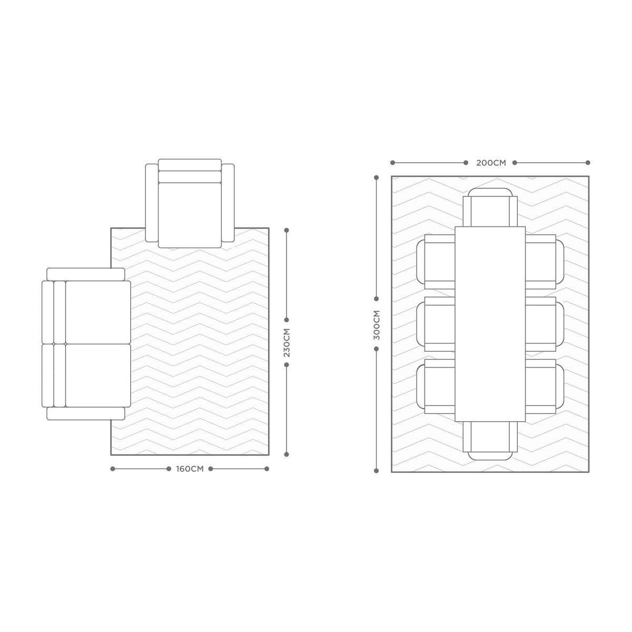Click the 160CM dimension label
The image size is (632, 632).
click(x=190, y=469)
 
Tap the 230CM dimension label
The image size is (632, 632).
click(x=287, y=342)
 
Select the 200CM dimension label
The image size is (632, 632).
click(x=491, y=163)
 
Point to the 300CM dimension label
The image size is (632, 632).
click(x=377, y=325)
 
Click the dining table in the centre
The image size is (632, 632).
click(x=490, y=324)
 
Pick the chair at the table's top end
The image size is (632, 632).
click(x=490, y=208)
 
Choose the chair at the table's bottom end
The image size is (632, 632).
click(x=490, y=440)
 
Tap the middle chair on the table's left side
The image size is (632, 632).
click(x=436, y=324)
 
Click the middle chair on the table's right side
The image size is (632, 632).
click(x=545, y=324)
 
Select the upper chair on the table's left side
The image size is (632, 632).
click(x=436, y=262)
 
